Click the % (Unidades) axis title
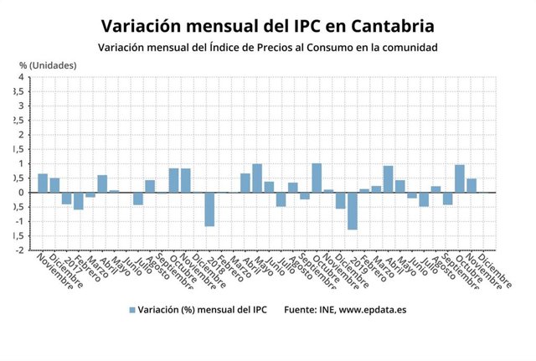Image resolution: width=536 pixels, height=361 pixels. (x=49, y=64)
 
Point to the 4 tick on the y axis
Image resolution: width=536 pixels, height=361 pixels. (x=20, y=77)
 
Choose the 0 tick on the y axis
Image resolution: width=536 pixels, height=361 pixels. (x=20, y=192)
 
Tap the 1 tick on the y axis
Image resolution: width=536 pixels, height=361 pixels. (x=20, y=163)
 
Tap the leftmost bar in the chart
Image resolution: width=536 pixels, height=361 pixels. (x=43, y=183)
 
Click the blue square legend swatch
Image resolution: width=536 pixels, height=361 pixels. (x=131, y=309)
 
